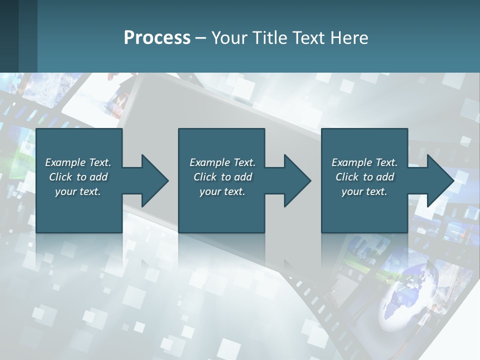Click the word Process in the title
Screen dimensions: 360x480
[157, 38]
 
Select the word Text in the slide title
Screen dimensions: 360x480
[308, 38]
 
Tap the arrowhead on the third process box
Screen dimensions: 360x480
[439, 180]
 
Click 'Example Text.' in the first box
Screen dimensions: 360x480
[78, 162]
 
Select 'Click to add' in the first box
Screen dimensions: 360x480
[78, 177]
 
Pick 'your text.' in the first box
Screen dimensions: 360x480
[78, 191]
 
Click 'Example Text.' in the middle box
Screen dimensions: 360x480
[222, 162]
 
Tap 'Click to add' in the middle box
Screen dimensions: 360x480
[222, 177]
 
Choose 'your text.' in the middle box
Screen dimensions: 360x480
[222, 191]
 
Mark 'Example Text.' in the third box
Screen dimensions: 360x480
[364, 162]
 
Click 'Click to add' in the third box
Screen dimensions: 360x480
[364, 177]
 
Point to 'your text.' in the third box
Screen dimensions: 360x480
[364, 191]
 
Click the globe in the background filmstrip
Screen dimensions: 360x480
[407, 300]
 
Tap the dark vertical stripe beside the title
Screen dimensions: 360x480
[28, 36]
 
